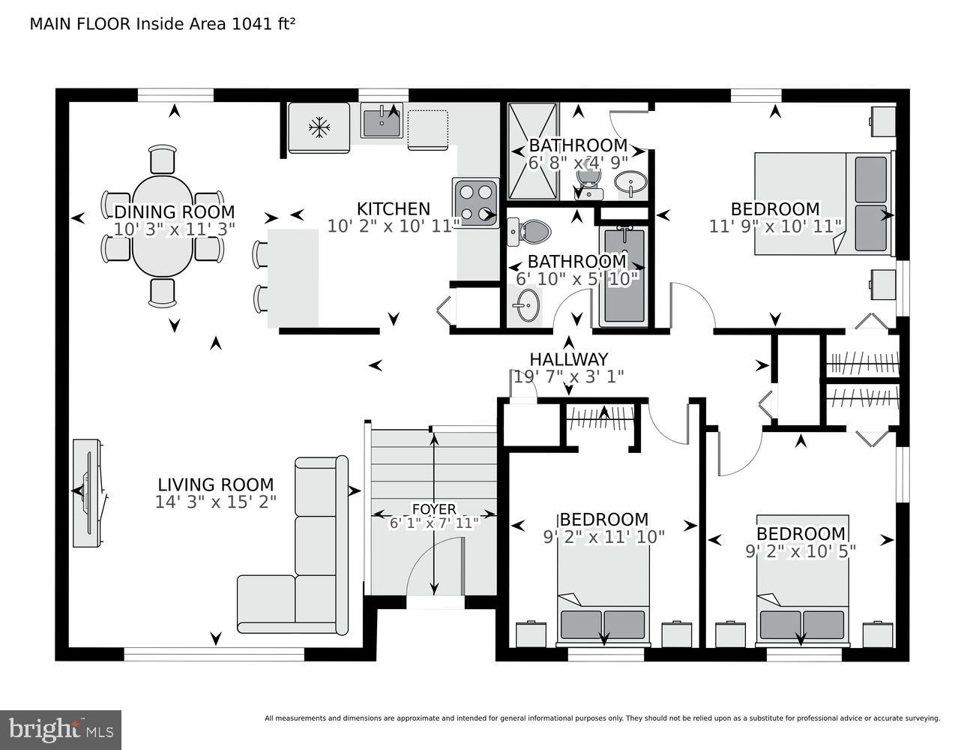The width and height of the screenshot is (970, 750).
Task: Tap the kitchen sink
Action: (382, 122)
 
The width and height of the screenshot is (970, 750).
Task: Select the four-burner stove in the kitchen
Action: (475, 202)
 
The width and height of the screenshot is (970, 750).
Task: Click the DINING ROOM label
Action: (174, 212)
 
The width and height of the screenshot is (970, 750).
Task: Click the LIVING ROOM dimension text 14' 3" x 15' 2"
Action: (216, 502)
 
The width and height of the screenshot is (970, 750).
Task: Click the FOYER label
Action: (433, 509)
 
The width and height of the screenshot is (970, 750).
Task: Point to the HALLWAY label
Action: (568, 359)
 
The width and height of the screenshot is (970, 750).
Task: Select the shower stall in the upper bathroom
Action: (533, 152)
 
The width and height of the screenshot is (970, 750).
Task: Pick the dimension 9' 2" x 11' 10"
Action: (603, 536)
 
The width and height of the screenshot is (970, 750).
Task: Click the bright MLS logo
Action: (61, 728)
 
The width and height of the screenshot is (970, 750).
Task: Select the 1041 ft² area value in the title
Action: (263, 24)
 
